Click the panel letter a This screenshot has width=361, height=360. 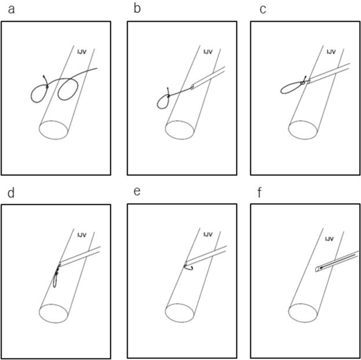click(11, 10)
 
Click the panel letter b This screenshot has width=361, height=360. click(137, 9)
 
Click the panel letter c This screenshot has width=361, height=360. click(262, 10)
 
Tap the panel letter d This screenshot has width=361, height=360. click(11, 193)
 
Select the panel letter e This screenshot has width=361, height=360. click(137, 192)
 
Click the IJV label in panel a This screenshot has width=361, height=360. click(82, 52)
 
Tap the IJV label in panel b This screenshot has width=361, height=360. click(208, 52)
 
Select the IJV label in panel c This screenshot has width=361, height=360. click(331, 52)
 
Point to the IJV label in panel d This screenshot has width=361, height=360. click(82, 235)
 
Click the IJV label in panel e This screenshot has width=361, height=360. click(208, 235)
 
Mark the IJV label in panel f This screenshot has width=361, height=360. click(329, 239)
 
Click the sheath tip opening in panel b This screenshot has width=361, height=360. click(192, 87)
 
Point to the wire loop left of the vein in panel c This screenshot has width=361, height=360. click(281, 91)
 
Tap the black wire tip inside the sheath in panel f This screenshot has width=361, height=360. click(321, 268)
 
